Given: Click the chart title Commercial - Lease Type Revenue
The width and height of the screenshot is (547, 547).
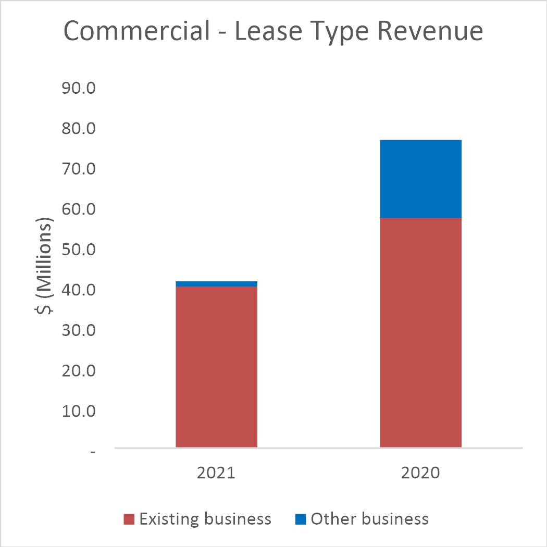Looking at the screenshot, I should (x=273, y=32).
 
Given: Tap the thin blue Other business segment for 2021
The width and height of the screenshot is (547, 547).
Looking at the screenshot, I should (x=216, y=284).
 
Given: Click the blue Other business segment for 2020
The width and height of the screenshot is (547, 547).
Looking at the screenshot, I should (x=420, y=179).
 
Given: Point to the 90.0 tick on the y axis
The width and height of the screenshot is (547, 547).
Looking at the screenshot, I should (x=78, y=88).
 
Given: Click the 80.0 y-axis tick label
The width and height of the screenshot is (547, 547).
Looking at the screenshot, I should (x=78, y=129).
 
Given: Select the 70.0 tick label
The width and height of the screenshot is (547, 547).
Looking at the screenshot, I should (x=78, y=169).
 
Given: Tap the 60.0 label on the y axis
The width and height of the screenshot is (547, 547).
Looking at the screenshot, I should (x=78, y=209).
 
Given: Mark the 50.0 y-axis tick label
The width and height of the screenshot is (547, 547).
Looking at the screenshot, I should (x=78, y=250).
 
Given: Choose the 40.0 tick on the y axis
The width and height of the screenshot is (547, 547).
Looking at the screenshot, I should (x=78, y=290).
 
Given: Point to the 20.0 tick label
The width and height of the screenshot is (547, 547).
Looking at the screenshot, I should (x=78, y=371).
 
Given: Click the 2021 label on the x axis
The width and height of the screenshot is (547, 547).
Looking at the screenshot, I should (x=216, y=474).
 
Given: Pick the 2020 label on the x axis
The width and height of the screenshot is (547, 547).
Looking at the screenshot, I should (x=420, y=474).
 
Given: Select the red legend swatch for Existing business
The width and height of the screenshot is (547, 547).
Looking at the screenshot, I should (x=129, y=519).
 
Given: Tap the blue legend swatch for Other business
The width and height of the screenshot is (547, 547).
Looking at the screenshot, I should (x=300, y=519).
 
